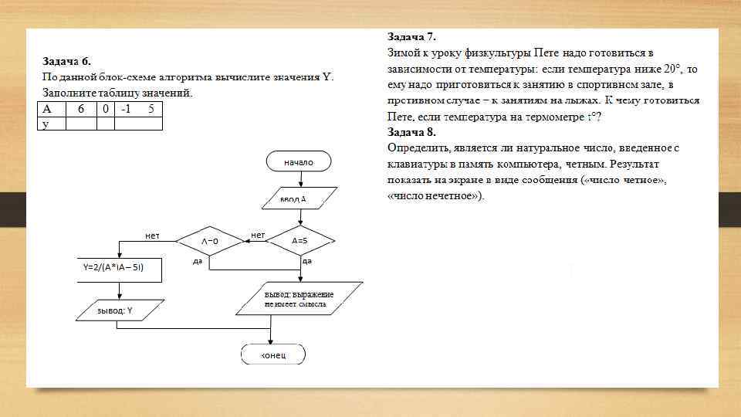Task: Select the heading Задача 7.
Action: point(411,36)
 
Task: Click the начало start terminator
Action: point(299,162)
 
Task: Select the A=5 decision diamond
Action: point(299,241)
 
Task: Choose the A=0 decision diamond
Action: point(210,241)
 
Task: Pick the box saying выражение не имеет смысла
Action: point(299,300)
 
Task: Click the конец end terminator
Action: point(272,354)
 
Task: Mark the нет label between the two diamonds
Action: point(258,234)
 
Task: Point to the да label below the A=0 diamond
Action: point(198,262)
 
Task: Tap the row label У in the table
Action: point(46,124)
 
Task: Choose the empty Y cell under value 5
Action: point(150,124)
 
